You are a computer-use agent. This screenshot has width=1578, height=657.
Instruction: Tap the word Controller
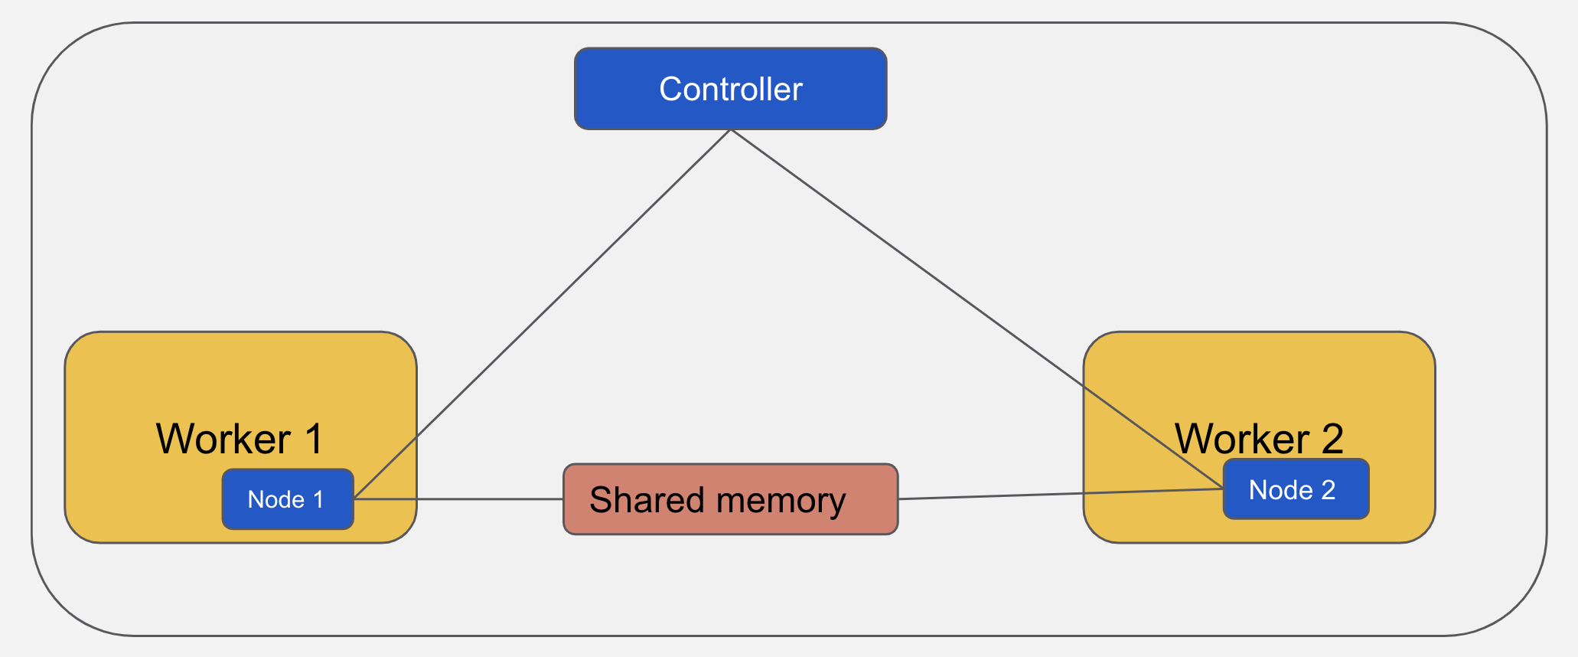730,90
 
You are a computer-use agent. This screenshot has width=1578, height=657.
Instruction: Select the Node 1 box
287,500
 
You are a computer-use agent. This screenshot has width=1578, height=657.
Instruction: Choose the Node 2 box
1295,490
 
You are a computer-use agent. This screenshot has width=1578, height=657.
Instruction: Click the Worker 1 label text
240,439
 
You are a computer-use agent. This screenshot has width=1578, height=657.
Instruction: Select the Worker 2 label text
1258,439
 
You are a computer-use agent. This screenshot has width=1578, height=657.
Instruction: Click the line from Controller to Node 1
543,314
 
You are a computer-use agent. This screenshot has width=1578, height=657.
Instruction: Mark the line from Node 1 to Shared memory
459,499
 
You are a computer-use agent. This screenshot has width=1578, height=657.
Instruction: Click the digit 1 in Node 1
318,500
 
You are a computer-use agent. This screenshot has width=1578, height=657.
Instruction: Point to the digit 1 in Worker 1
314,439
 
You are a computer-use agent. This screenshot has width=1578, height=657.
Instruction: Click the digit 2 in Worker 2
1332,439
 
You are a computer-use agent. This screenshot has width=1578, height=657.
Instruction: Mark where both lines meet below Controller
731,130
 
